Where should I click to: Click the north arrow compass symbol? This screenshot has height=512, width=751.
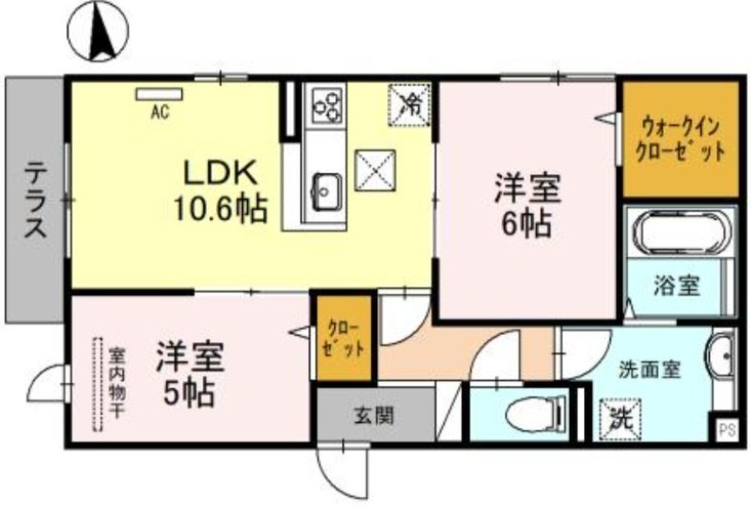click(99, 31)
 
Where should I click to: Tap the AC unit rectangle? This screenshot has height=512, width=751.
click(160, 95)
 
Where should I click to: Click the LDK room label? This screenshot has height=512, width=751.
click(221, 191)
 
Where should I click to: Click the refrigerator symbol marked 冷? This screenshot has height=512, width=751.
click(409, 105)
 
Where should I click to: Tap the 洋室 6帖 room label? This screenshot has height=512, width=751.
click(528, 205)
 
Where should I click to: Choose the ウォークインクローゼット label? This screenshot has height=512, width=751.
click(680, 141)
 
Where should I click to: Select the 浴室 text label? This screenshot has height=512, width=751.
click(677, 286)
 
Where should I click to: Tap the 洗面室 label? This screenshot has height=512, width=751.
click(649, 369)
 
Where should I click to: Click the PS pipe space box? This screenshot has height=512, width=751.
click(727, 430)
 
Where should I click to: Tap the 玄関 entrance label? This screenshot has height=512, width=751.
click(375, 415)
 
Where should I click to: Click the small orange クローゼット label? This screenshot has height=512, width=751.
click(344, 339)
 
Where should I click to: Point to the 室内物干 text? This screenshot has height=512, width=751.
click(116, 383)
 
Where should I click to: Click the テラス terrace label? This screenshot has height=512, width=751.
click(36, 200)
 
